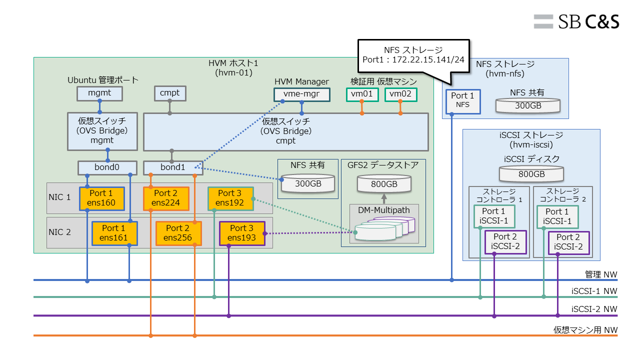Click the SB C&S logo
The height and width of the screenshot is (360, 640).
576,21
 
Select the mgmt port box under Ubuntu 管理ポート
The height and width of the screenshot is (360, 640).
100,93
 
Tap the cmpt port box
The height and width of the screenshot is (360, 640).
170,93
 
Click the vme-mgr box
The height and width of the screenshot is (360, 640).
302,94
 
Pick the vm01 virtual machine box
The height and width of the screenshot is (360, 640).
361,94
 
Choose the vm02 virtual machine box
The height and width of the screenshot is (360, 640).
400,94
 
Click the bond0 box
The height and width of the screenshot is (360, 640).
107,167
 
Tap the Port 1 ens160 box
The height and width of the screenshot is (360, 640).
100,198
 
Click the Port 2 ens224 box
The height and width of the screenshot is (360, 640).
166,198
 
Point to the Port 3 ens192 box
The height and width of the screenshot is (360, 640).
230,198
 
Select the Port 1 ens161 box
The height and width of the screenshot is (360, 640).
114,233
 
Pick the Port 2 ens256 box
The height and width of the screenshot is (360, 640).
178,233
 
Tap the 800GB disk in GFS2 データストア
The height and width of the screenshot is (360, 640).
384,184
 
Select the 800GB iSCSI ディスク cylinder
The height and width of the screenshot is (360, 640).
531,173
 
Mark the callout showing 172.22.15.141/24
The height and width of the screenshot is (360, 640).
413,55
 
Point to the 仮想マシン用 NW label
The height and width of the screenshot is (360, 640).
585,330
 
